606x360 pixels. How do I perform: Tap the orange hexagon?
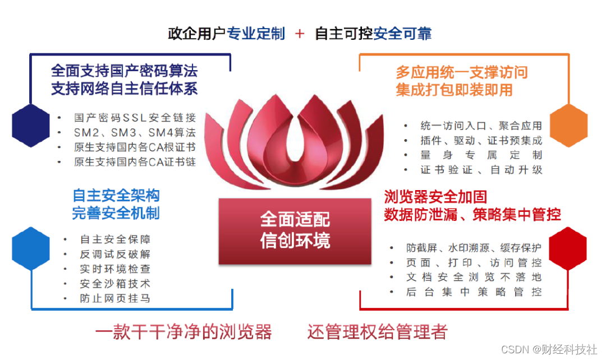tap(568, 126)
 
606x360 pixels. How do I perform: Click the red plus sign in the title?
tap(300, 34)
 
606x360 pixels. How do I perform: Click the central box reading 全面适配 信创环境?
tap(295, 230)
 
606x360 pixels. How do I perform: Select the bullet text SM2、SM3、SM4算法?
tap(135, 133)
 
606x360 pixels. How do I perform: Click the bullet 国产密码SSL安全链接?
tap(135, 118)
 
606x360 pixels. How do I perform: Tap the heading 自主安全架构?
tap(116, 195)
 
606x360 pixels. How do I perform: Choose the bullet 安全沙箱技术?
tap(115, 284)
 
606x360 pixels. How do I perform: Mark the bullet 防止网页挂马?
tap(115, 298)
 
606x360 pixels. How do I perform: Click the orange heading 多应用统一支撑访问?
tap(462, 72)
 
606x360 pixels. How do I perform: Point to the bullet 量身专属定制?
tap(481, 155)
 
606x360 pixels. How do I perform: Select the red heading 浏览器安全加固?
tap(435, 197)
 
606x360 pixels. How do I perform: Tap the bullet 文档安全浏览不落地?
tap(474, 277)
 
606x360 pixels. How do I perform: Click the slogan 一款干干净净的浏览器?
tap(183, 332)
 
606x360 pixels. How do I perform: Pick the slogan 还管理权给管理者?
tap(377, 332)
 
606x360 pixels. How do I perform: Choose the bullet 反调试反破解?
tap(115, 255)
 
